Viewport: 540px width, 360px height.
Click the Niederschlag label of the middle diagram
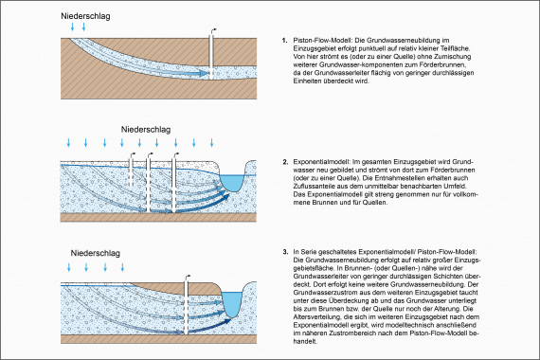[x=145, y=126]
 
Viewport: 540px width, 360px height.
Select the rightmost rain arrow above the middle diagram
[x=253, y=142]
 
